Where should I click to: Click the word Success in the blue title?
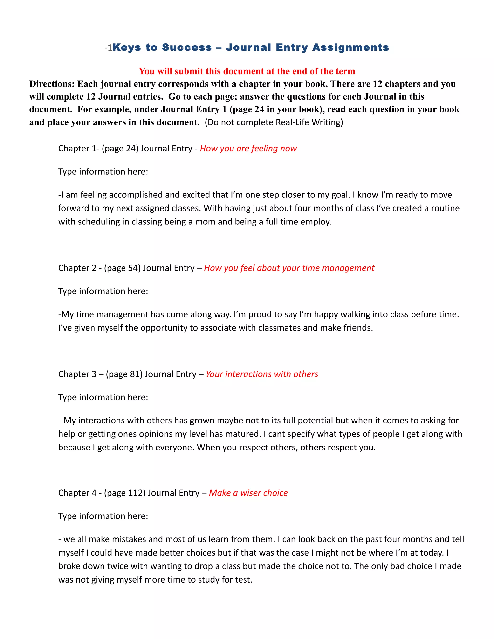(x=187, y=48)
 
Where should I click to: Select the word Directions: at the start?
(x=52, y=84)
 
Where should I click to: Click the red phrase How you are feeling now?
(x=248, y=148)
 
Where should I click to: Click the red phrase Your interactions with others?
(x=262, y=374)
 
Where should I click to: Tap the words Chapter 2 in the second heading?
(x=77, y=268)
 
